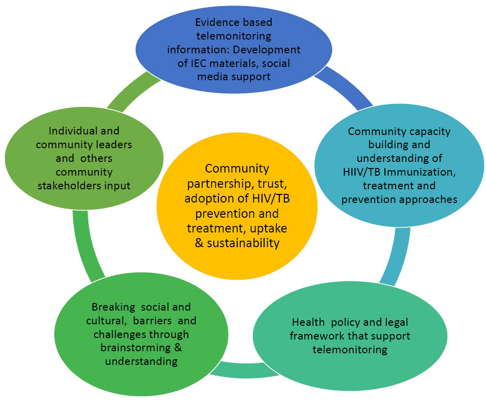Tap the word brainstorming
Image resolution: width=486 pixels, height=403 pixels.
pyautogui.click(x=135, y=348)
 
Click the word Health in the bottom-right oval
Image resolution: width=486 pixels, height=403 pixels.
pyautogui.click(x=307, y=322)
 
